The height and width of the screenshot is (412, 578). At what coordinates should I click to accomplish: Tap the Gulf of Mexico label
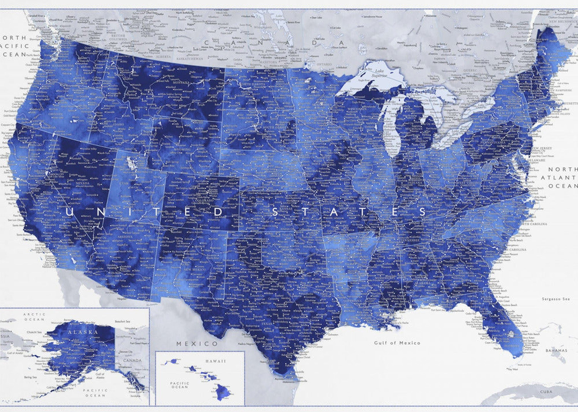(x=397, y=343)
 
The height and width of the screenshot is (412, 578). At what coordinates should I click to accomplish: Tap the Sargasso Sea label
(x=556, y=299)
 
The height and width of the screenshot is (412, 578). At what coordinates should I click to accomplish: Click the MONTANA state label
(x=181, y=83)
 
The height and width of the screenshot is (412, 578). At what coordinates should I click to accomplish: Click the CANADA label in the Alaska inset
(x=132, y=360)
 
